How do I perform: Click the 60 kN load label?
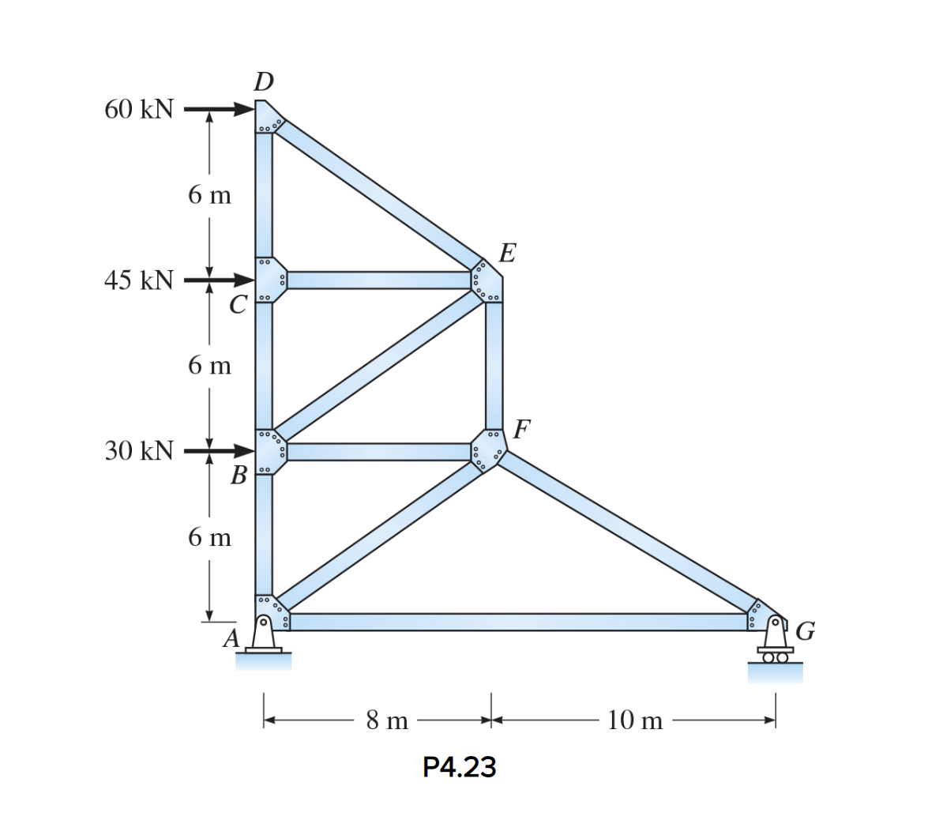(139, 110)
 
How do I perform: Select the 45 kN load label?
(139, 280)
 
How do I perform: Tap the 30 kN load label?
(139, 451)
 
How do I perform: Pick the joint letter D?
(264, 82)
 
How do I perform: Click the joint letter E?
(508, 253)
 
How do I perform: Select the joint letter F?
(521, 429)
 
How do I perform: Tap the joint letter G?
(806, 631)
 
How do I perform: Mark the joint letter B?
(239, 476)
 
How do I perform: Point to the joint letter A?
(231, 638)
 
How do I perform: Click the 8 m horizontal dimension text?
(387, 720)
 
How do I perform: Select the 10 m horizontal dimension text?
(635, 720)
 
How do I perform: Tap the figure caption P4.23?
(460, 767)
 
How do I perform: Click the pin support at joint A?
(264, 637)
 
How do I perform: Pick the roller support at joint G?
(776, 644)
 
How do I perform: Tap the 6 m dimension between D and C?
(210, 194)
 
